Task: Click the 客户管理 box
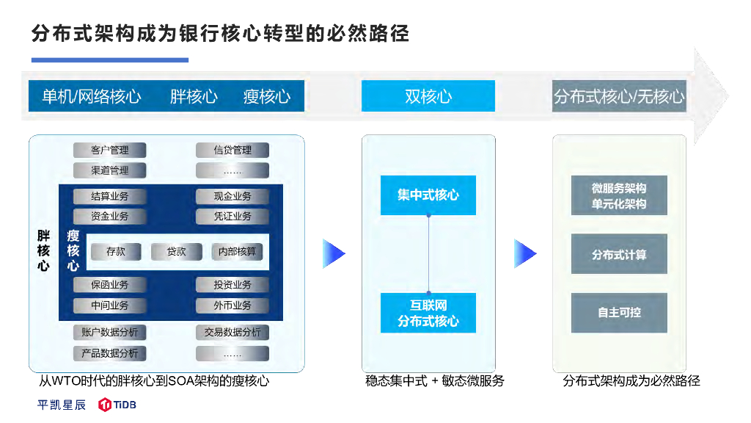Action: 110,150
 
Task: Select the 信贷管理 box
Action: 232,150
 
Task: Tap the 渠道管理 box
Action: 110,170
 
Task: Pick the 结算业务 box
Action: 110,196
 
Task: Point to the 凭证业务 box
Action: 232,216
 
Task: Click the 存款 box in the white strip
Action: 116,251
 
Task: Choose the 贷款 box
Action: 177,251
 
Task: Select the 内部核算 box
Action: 237,251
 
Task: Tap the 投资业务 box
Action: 232,284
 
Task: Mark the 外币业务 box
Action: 232,305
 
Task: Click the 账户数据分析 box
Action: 110,332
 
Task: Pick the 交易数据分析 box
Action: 232,332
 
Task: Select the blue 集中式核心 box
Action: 428,195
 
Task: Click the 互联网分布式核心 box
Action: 428,313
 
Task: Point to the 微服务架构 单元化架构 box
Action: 619,195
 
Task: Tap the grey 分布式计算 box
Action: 619,254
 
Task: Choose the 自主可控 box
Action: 619,312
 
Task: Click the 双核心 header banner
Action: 428,96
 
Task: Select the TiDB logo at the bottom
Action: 117,405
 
